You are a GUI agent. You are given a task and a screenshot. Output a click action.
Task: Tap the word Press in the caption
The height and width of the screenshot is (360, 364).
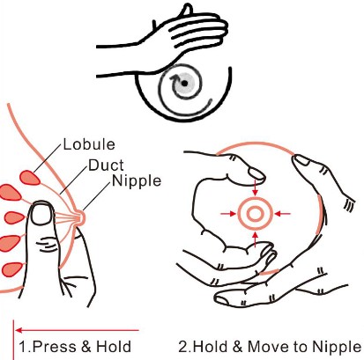click(x=48, y=346)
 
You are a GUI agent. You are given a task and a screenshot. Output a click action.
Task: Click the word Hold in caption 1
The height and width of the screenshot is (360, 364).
click(x=110, y=346)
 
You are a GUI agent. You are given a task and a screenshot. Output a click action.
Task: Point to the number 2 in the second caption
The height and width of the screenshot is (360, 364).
click(x=182, y=346)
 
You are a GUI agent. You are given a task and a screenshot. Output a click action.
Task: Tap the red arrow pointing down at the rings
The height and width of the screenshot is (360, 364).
click(x=254, y=187)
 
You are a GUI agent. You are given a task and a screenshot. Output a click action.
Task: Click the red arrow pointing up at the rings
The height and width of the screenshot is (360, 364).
click(x=254, y=236)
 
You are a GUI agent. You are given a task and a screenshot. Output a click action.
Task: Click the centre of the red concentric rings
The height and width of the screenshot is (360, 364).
click(x=254, y=212)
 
